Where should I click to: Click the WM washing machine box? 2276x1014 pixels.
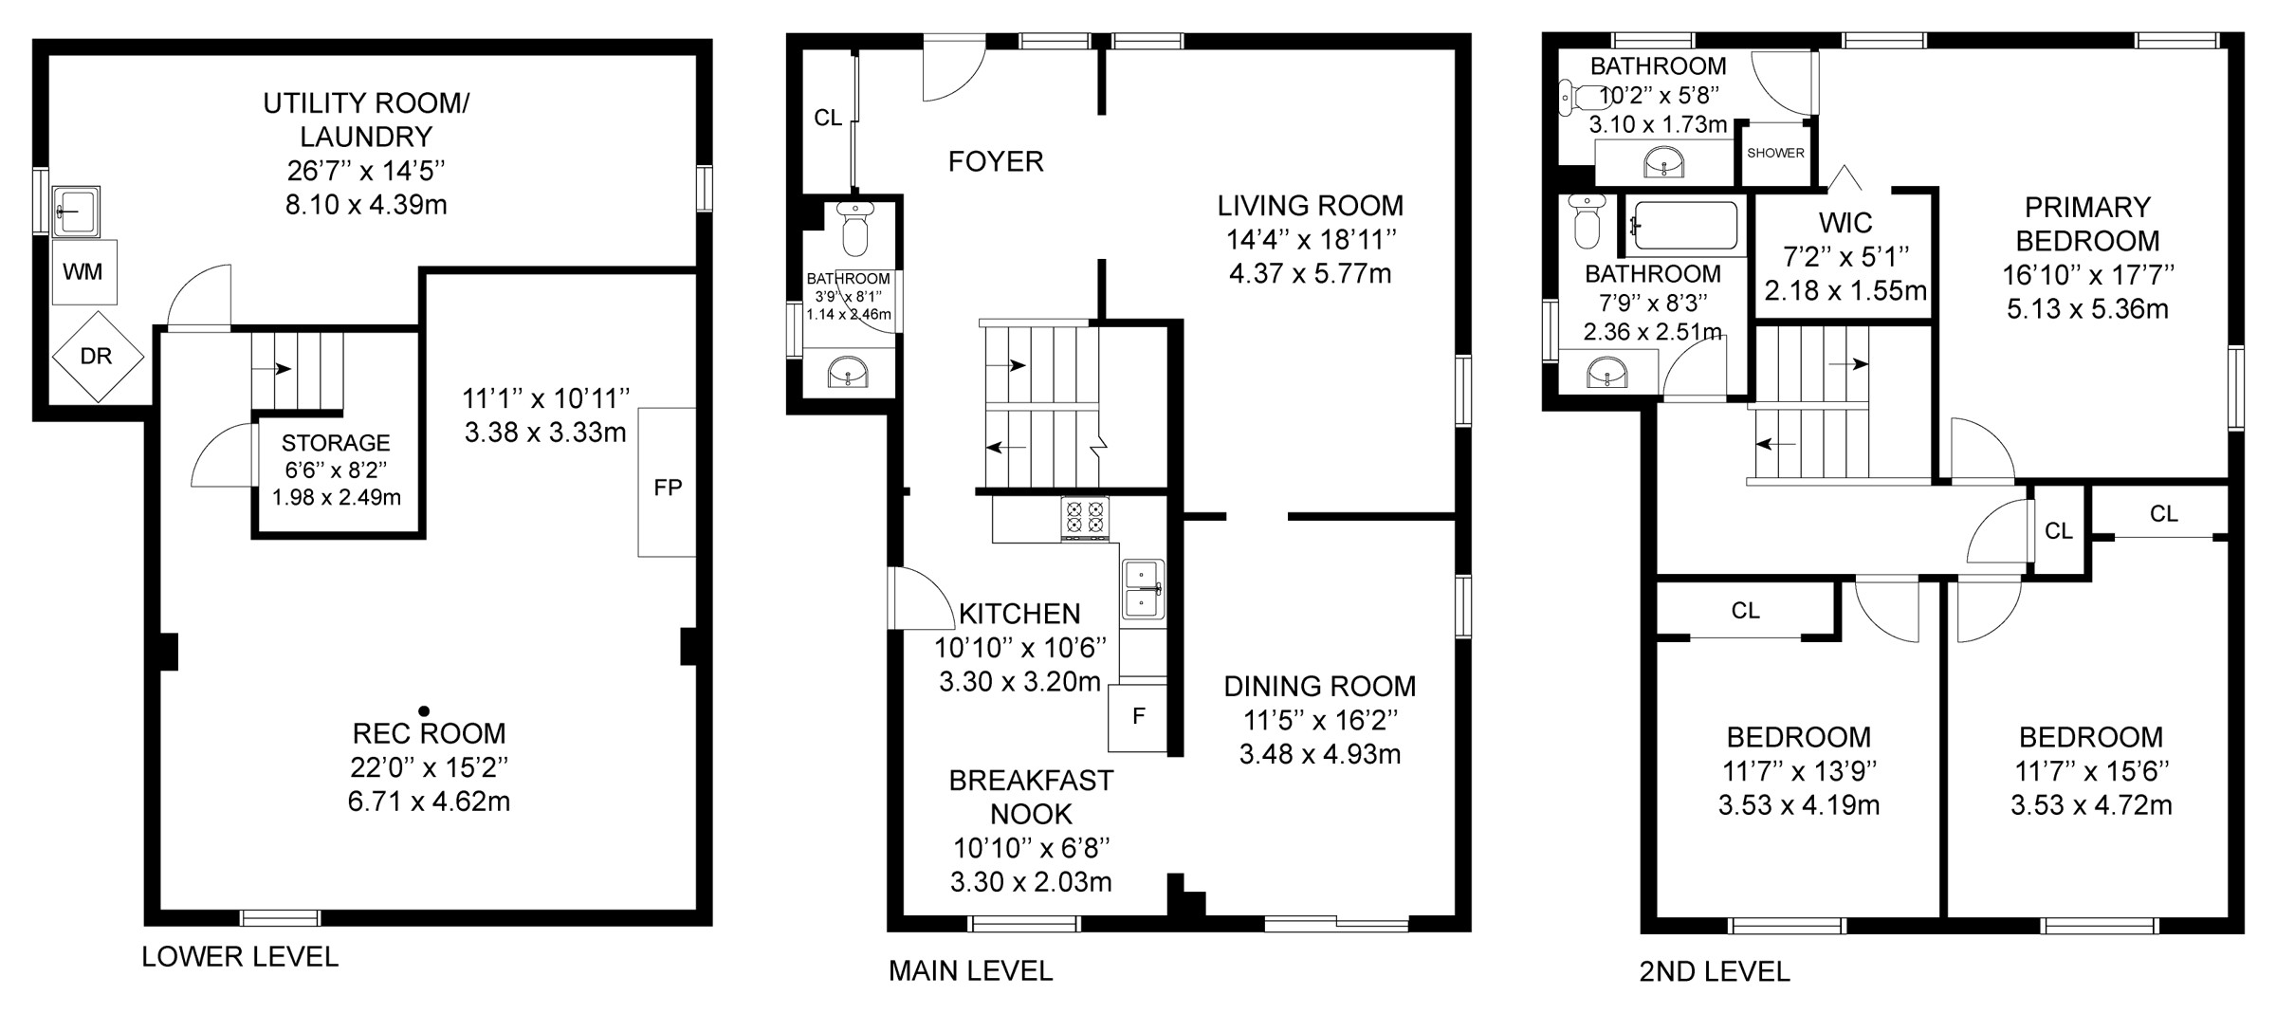[x=83, y=272]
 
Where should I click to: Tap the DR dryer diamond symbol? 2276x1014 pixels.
[x=97, y=357]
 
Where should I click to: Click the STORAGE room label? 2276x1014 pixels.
[x=336, y=443]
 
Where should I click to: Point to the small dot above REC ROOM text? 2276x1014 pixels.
[x=424, y=710]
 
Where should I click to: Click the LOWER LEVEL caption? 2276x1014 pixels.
[x=240, y=957]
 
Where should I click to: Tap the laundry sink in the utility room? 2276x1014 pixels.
[x=75, y=210]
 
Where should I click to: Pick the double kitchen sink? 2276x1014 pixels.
[x=1144, y=589]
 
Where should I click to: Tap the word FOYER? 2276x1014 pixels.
[x=996, y=162]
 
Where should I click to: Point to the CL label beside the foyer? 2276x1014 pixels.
[x=828, y=119]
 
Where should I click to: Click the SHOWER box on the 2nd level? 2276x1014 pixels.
[x=1775, y=154]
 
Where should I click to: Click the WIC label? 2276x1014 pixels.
[x=1845, y=223]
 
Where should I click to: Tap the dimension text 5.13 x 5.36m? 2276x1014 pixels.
[x=2087, y=309]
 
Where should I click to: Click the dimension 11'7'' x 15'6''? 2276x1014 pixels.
[x=2091, y=771]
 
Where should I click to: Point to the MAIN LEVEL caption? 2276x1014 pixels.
[x=970, y=971]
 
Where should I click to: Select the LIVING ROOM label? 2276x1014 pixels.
[x=1311, y=206]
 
